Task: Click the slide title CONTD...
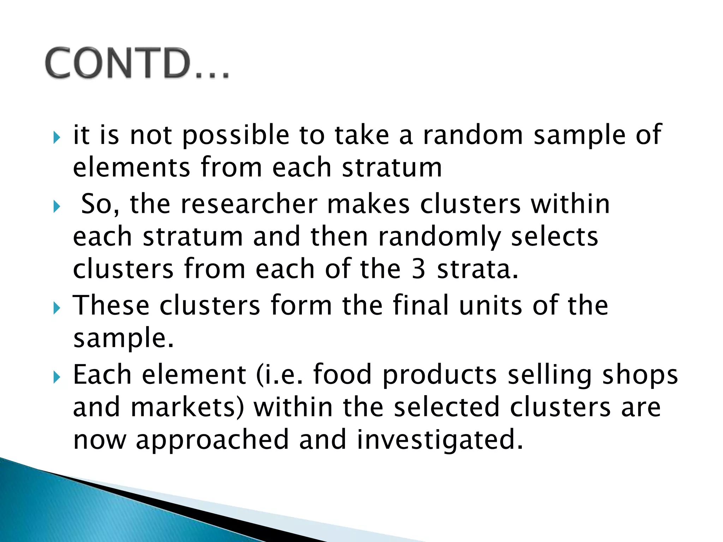pyautogui.click(x=137, y=64)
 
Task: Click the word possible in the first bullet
pyautogui.click(x=236, y=136)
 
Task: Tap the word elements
pyautogui.click(x=131, y=167)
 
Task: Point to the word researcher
pyautogui.click(x=249, y=204)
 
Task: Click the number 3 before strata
pyautogui.click(x=418, y=269)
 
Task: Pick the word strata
pyautogui.click(x=477, y=269)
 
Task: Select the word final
pyautogui.click(x=420, y=305)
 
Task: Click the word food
pyautogui.click(x=342, y=374)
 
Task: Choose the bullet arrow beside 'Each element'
pyautogui.click(x=56, y=378)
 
